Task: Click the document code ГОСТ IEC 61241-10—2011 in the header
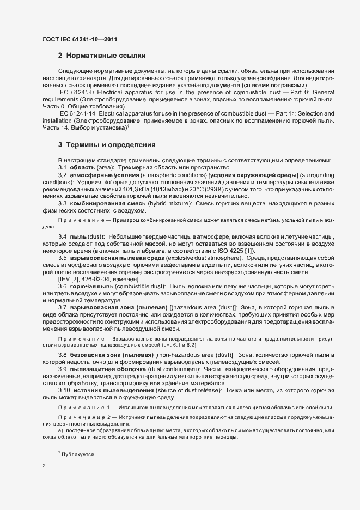pos(79,39)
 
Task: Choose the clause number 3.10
pos(64,390)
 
